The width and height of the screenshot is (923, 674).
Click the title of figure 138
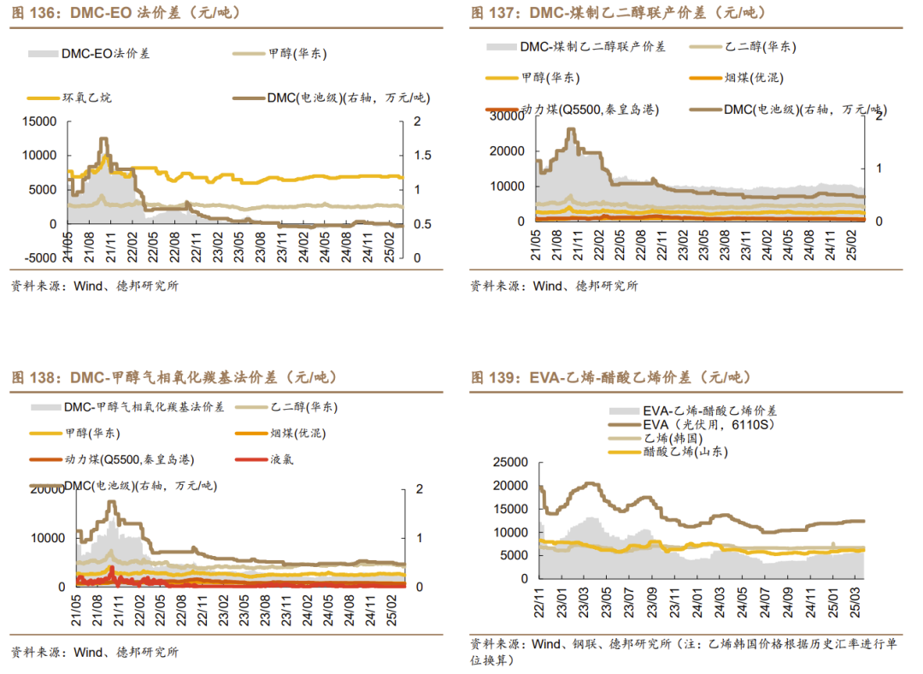(x=174, y=377)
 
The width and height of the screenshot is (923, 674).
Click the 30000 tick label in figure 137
(x=503, y=116)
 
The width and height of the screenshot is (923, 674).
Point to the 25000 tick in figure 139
(x=509, y=463)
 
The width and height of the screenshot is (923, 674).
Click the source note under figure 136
(x=94, y=286)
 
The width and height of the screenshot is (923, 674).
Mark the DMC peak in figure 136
(x=103, y=139)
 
